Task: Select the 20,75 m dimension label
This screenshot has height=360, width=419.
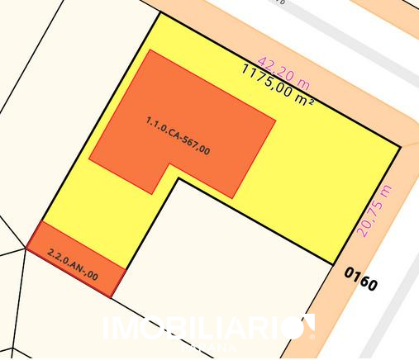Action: click(x=374, y=211)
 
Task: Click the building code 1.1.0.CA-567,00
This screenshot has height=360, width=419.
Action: click(x=178, y=135)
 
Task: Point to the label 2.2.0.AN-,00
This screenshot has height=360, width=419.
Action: click(x=73, y=264)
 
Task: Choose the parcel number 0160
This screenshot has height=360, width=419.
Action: click(x=360, y=279)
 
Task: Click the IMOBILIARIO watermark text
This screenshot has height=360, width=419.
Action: click(x=202, y=329)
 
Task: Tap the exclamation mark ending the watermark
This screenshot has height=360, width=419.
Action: click(x=310, y=327)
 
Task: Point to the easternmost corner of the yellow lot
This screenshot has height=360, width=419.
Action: click(x=401, y=148)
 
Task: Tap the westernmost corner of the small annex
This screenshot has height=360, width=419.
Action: click(x=26, y=250)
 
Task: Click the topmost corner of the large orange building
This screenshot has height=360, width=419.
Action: click(x=150, y=50)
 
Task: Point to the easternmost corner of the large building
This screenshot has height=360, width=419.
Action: click(x=276, y=118)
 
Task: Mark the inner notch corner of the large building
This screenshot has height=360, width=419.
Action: click(x=169, y=163)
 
